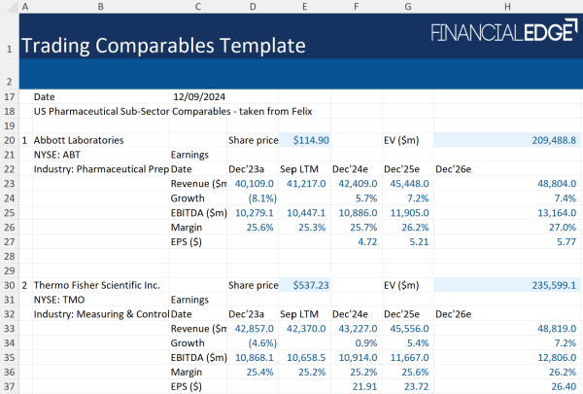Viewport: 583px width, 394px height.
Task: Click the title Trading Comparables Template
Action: pyautogui.click(x=162, y=46)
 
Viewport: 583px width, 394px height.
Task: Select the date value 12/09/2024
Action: pyautogui.click(x=199, y=97)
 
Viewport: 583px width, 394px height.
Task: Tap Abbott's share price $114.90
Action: pyautogui.click(x=311, y=140)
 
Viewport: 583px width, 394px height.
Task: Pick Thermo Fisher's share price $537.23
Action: pyautogui.click(x=311, y=286)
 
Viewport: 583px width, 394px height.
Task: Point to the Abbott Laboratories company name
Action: pyautogui.click(x=79, y=140)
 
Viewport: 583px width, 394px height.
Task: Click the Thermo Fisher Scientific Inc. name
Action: pyautogui.click(x=98, y=286)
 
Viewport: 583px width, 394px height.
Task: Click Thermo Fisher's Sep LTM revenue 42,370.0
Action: pyautogui.click(x=305, y=330)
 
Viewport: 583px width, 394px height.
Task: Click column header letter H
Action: pyautogui.click(x=507, y=7)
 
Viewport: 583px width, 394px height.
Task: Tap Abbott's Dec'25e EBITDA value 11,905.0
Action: pyautogui.click(x=409, y=212)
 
